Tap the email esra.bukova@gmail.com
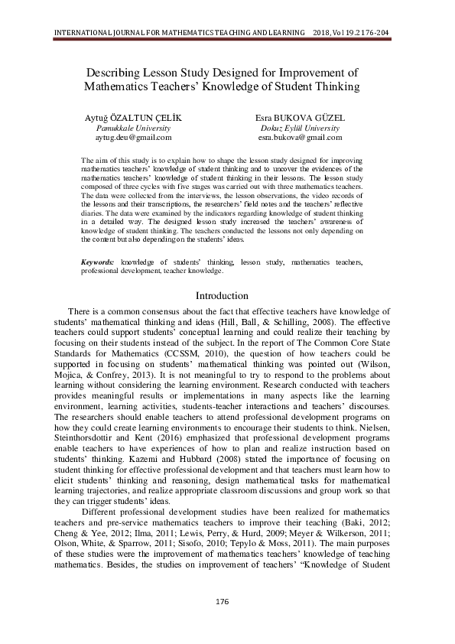[x=300, y=138]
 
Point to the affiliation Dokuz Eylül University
[x=299, y=128]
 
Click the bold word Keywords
[x=98, y=262]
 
